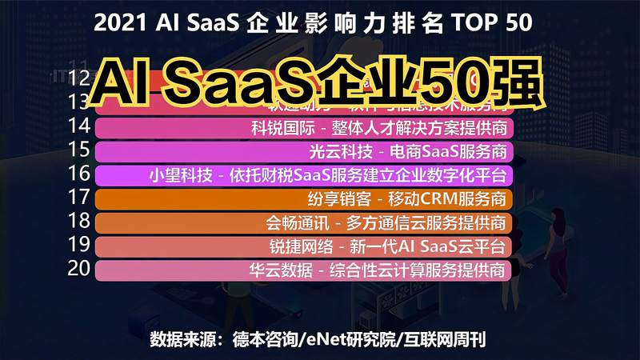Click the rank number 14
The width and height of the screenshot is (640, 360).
tap(79, 126)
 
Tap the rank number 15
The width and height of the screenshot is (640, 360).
tap(79, 150)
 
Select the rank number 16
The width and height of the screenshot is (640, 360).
tap(79, 174)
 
